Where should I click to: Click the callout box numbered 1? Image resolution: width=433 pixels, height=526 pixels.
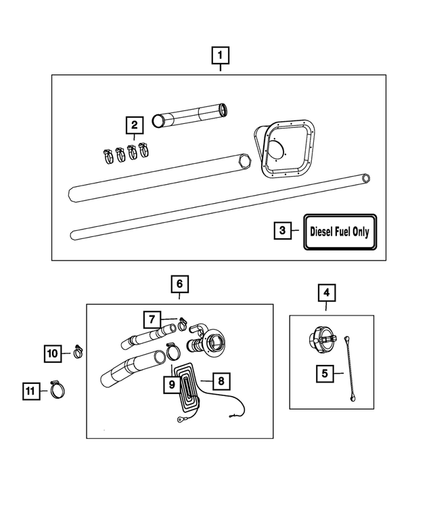221,55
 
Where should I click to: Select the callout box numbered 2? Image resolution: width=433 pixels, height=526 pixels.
135,125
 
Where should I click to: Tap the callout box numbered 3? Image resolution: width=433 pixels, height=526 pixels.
283,230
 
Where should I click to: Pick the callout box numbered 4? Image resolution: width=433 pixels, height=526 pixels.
326,293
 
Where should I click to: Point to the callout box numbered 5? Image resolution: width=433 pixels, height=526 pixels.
326,372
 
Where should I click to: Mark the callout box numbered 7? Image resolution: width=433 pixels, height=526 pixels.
152,318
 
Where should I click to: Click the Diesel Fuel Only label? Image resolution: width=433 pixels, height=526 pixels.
339,231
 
